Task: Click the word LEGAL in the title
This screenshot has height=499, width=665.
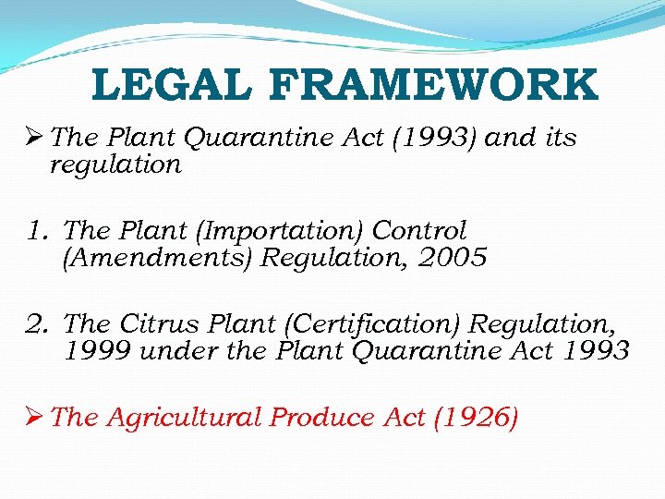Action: (x=172, y=86)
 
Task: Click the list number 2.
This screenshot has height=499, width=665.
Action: (x=38, y=324)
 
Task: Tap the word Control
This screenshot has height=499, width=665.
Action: (x=420, y=231)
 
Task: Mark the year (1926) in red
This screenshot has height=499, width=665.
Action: (x=472, y=418)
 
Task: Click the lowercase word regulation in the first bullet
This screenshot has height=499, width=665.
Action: (x=115, y=165)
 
